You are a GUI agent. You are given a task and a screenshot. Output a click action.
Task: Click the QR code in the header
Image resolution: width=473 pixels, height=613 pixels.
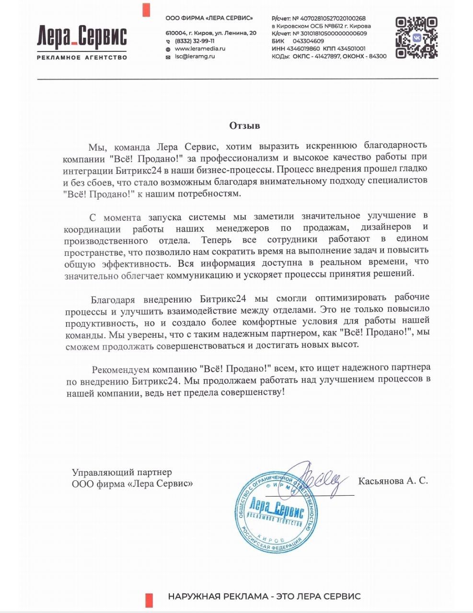point(416,37)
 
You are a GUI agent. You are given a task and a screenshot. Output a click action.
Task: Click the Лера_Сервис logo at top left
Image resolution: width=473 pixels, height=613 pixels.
point(82,37)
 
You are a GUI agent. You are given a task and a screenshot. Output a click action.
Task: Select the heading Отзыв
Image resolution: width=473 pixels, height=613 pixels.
point(244,126)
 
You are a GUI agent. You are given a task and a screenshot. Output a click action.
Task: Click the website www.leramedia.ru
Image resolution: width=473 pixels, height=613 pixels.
point(200,49)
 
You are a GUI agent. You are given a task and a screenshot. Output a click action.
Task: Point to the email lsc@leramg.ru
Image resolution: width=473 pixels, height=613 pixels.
point(195,57)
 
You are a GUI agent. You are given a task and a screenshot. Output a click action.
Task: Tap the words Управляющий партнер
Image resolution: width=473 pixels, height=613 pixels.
point(122,472)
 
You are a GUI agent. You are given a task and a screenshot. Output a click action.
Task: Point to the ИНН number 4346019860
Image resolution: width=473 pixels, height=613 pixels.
point(303,49)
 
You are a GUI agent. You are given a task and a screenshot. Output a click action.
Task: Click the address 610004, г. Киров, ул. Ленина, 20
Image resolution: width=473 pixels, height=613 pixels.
point(211,33)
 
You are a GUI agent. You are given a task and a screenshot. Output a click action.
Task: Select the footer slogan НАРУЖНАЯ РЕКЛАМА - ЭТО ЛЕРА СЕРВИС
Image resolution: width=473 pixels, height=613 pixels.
point(264,597)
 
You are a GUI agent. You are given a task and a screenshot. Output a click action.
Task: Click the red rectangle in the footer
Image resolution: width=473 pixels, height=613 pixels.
point(149,599)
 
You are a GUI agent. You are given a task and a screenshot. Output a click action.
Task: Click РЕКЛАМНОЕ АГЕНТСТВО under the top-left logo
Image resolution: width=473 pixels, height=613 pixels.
point(82,57)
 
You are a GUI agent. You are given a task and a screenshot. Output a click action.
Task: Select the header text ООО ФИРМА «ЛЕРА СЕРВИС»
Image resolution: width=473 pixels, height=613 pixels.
point(209,18)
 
